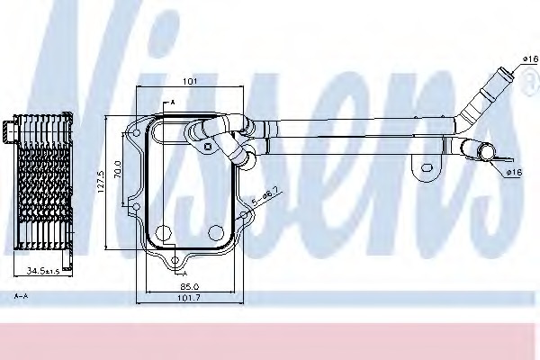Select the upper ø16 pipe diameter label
pos(529,59)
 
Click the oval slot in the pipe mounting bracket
pos(423,167)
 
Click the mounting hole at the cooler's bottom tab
pos(175,262)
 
